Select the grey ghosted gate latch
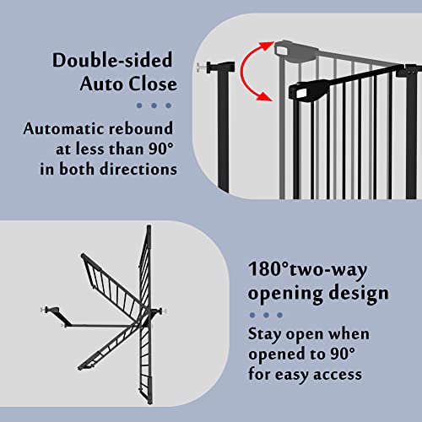(x=289, y=48)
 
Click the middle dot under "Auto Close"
(x=154, y=105)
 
